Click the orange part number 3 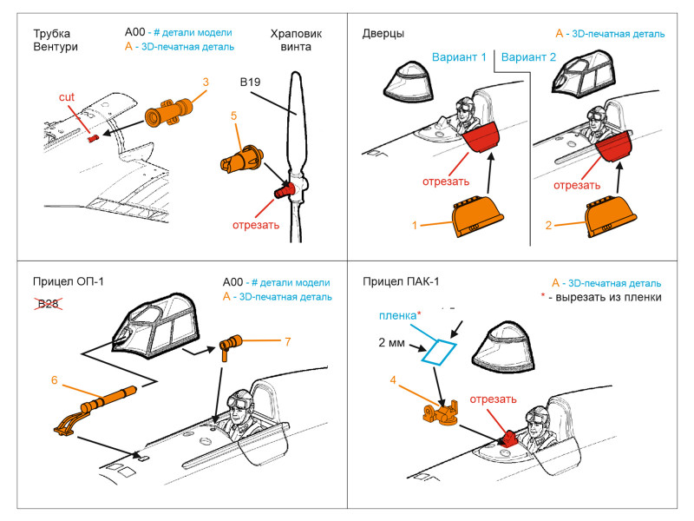[x=206, y=82]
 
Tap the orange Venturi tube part [x=168, y=112]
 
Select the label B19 [x=252, y=83]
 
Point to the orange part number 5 [x=233, y=115]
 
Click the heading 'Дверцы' [x=383, y=34]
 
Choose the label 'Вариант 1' [x=459, y=56]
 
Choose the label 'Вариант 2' [x=529, y=56]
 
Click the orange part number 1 [x=416, y=225]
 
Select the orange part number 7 [x=287, y=340]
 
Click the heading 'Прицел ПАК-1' [x=395, y=282]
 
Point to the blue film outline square [x=439, y=350]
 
